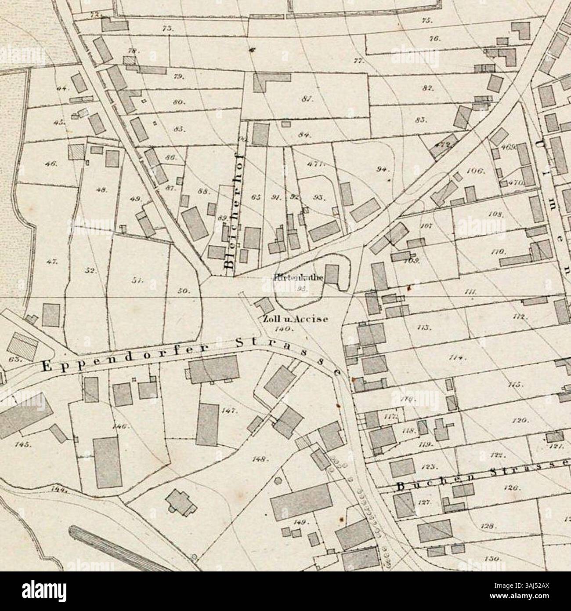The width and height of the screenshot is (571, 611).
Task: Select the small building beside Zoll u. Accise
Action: click(264, 305)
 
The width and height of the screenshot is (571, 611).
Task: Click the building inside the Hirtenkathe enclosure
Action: click(332, 273)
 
